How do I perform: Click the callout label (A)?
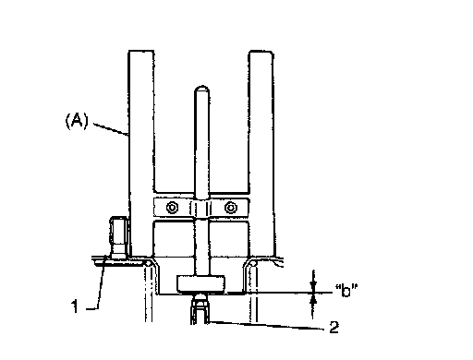(77, 121)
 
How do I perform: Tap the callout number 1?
(75, 306)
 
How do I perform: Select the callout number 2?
(334, 327)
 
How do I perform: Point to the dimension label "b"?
(346, 291)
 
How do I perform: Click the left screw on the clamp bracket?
(172, 208)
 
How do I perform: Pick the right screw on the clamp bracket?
(231, 208)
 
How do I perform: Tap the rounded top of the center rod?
(202, 90)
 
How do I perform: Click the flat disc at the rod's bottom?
(200, 283)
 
